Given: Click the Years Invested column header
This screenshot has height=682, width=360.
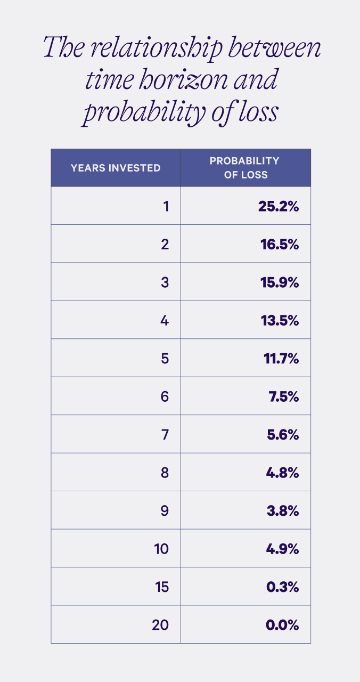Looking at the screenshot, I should [x=116, y=168].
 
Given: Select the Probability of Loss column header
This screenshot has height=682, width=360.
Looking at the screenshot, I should [x=245, y=167].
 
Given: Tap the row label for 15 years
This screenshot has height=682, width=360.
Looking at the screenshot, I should [x=160, y=587].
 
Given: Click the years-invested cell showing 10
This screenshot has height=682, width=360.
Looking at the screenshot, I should [x=161, y=549].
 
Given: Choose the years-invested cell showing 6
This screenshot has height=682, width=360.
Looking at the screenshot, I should [x=165, y=397].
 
